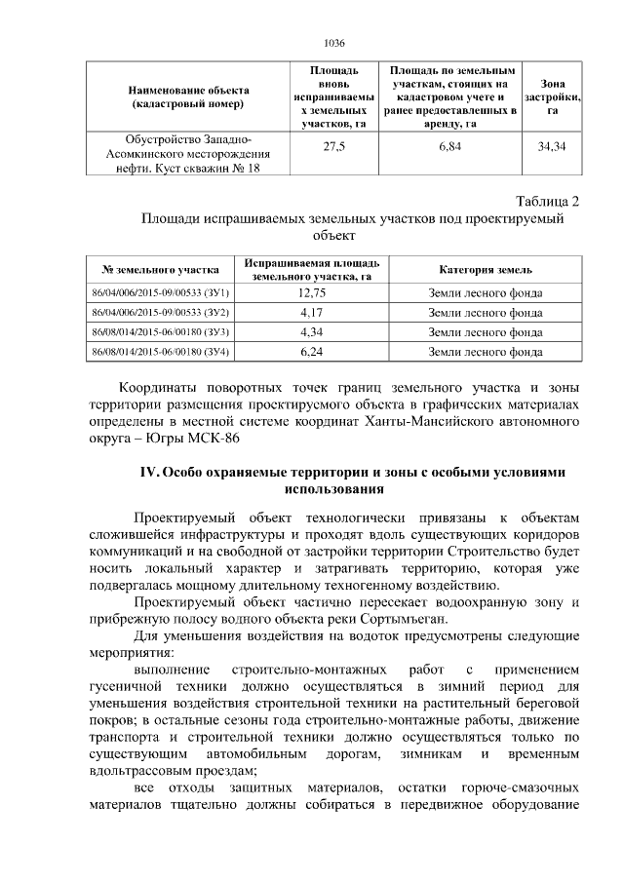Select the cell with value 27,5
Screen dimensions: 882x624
coord(333,146)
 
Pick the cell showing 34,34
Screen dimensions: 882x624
coord(552,146)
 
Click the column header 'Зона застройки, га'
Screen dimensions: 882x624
coord(552,97)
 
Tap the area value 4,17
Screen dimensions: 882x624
coord(312,313)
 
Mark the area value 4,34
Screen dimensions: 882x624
coord(312,332)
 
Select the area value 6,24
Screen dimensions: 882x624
coord(312,352)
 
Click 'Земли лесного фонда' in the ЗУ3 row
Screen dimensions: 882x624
coord(486,332)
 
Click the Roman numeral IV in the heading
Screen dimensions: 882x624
coord(150,472)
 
